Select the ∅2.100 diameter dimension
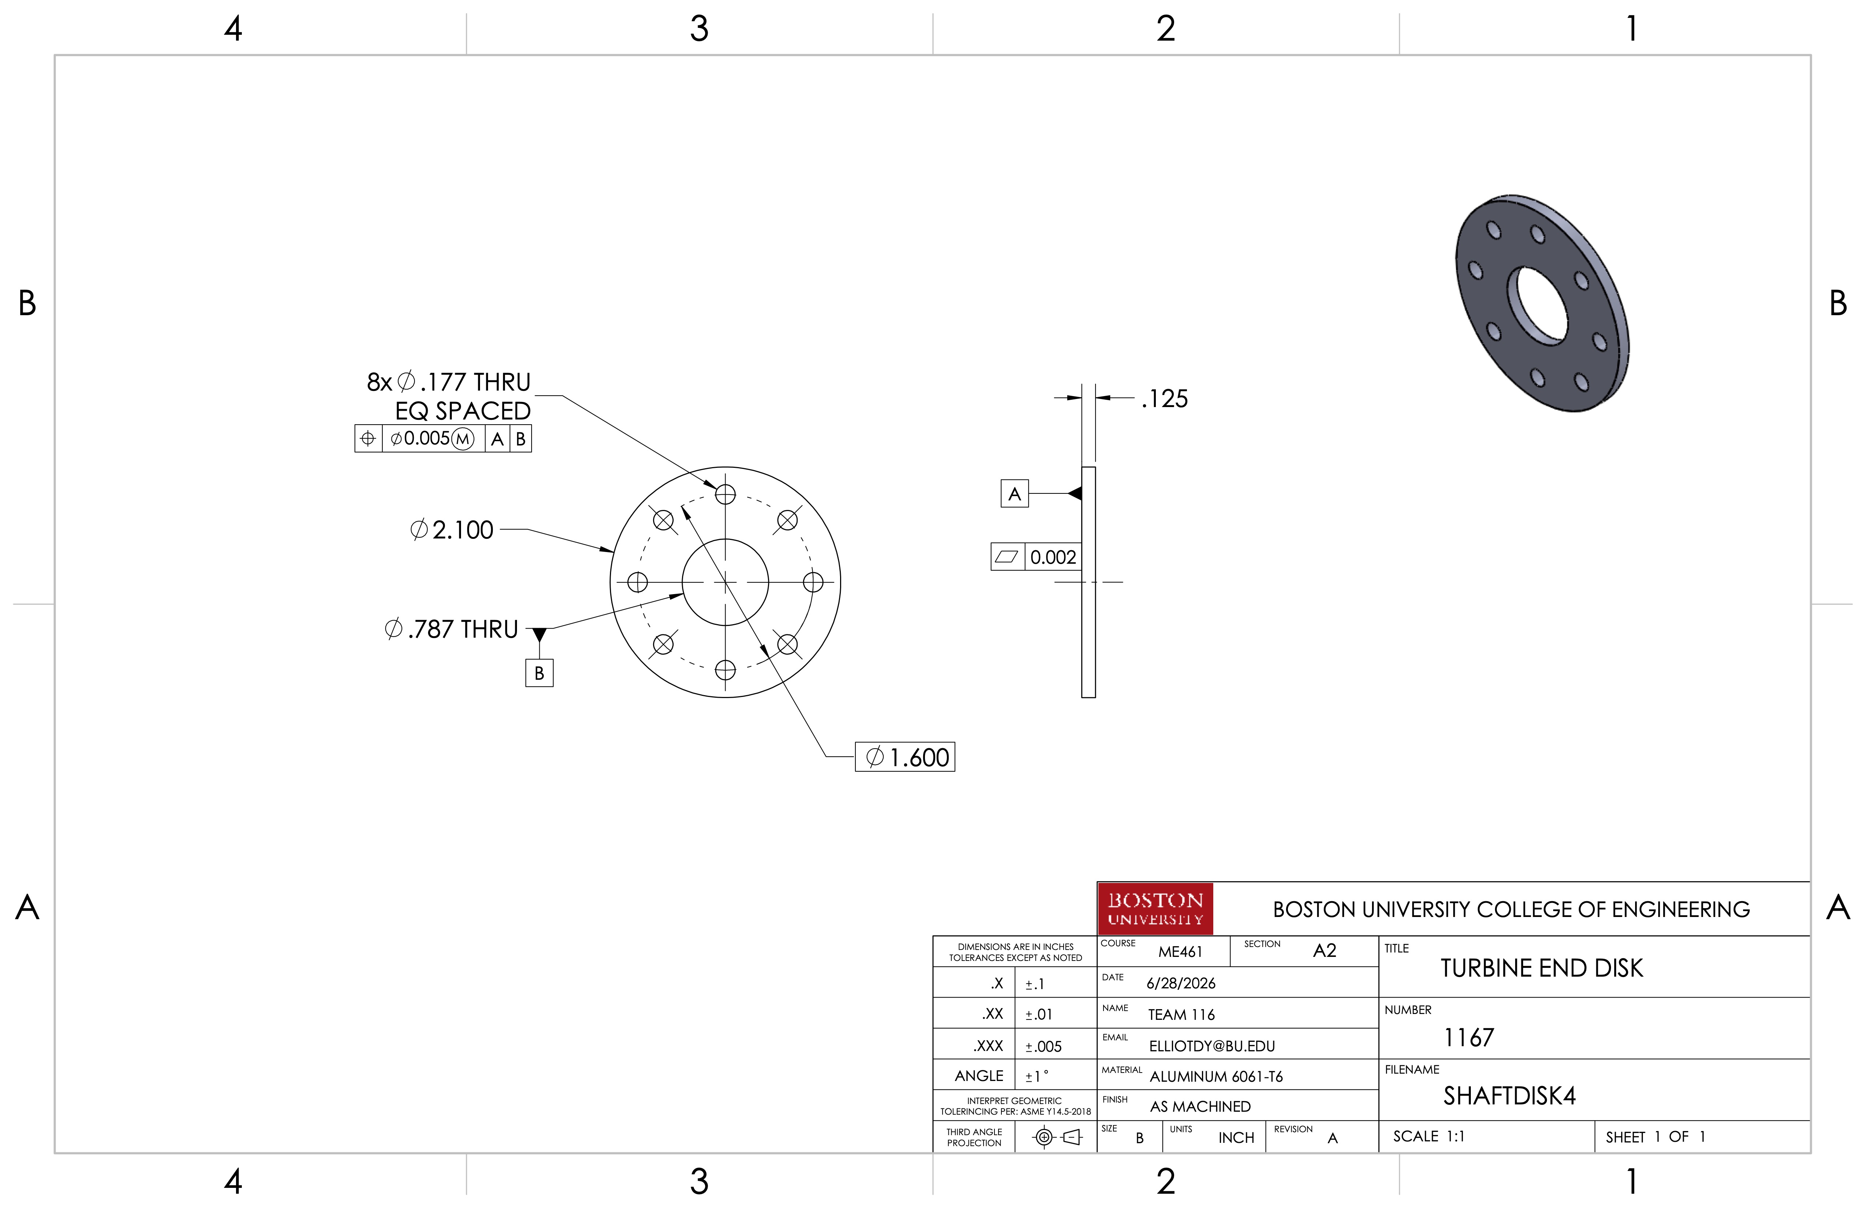[x=451, y=530]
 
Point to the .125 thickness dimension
[x=1165, y=399]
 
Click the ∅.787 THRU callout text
[x=451, y=629]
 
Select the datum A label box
[x=1015, y=494]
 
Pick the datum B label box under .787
[x=539, y=673]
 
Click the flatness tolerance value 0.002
[x=1053, y=557]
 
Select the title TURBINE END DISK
[x=1541, y=968]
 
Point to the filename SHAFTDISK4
[x=1509, y=1096]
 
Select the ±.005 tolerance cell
[x=1043, y=1047]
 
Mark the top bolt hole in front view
[x=725, y=494]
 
